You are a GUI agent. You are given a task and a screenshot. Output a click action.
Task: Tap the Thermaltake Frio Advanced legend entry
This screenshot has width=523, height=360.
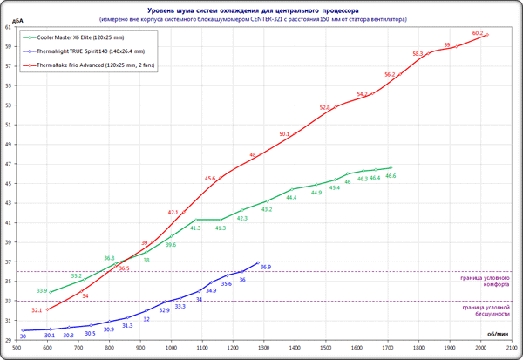[x=96, y=65]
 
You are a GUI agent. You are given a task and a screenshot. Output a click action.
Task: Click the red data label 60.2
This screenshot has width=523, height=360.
[x=477, y=33]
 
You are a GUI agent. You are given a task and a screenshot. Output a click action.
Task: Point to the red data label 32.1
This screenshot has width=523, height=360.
[x=37, y=309]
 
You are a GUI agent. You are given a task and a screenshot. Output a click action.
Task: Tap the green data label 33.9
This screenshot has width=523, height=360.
[x=42, y=290]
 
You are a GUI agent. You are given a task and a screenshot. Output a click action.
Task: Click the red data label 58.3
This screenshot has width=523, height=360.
[x=418, y=53]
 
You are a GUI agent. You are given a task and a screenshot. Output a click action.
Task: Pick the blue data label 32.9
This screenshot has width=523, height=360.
[x=164, y=309]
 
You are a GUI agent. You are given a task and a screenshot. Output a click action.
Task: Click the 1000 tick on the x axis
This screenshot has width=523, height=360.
[x=171, y=345]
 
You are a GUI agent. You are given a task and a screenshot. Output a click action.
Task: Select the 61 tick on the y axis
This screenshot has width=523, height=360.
[x=8, y=27]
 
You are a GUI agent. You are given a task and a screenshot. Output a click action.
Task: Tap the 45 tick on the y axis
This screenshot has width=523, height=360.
[x=8, y=183]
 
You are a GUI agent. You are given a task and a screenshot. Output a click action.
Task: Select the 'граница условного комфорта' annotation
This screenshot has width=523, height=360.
[x=485, y=282]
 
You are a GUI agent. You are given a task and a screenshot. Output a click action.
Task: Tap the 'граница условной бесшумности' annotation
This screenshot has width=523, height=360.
[x=485, y=310]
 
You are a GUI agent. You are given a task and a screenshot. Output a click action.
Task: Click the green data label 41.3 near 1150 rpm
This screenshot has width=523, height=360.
[x=220, y=228]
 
